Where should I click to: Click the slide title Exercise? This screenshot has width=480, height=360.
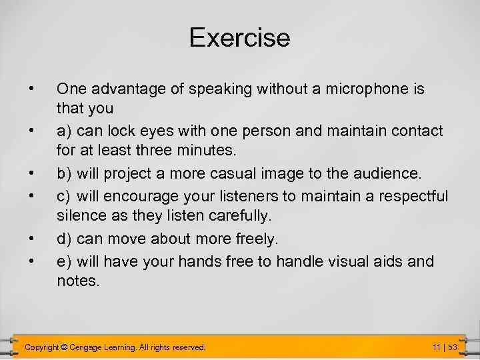coord(239,37)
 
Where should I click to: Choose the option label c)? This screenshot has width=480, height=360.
coord(65,196)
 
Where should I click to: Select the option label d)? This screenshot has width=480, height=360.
coord(65,239)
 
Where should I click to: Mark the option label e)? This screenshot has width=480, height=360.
coord(65,261)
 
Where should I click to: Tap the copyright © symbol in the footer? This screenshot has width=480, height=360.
coord(65,347)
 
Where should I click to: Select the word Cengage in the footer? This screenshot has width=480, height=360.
coord(89,347)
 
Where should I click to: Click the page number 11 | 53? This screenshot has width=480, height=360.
coord(443,347)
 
